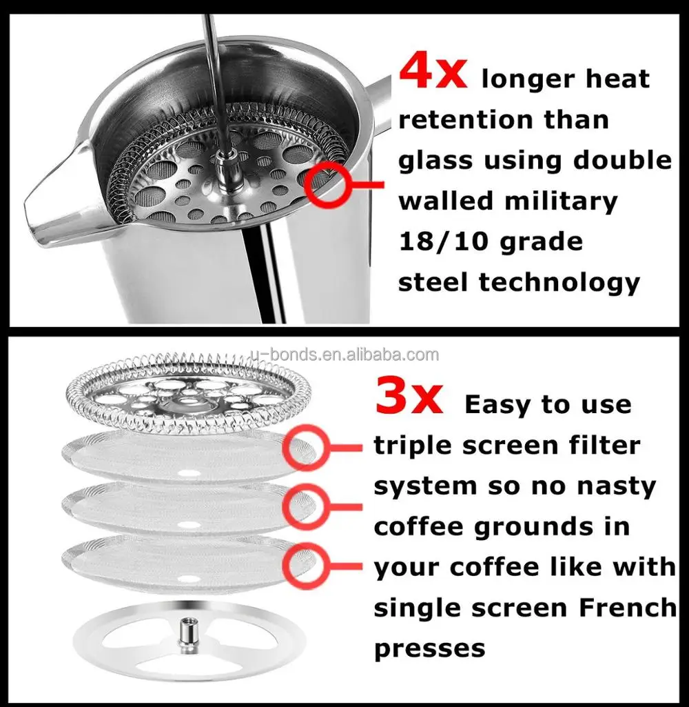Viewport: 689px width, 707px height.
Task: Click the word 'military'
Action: click(x=561, y=201)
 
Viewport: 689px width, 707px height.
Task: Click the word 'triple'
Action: click(x=413, y=446)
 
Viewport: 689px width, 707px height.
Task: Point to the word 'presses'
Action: click(x=429, y=648)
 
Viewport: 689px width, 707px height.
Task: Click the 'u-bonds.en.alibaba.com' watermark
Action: click(x=344, y=355)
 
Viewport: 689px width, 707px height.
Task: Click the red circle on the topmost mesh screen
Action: click(x=303, y=447)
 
